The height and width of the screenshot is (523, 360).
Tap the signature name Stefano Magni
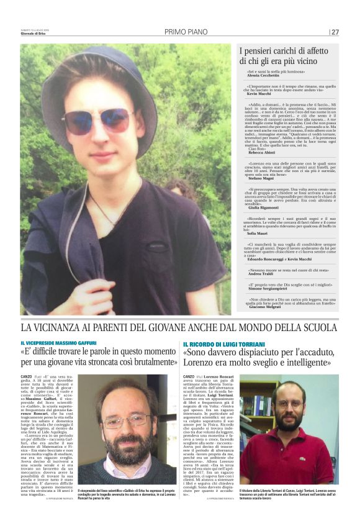point(261,178)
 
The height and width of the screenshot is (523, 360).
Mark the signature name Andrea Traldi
point(260,274)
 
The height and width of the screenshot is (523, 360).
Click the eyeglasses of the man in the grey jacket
point(127,422)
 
